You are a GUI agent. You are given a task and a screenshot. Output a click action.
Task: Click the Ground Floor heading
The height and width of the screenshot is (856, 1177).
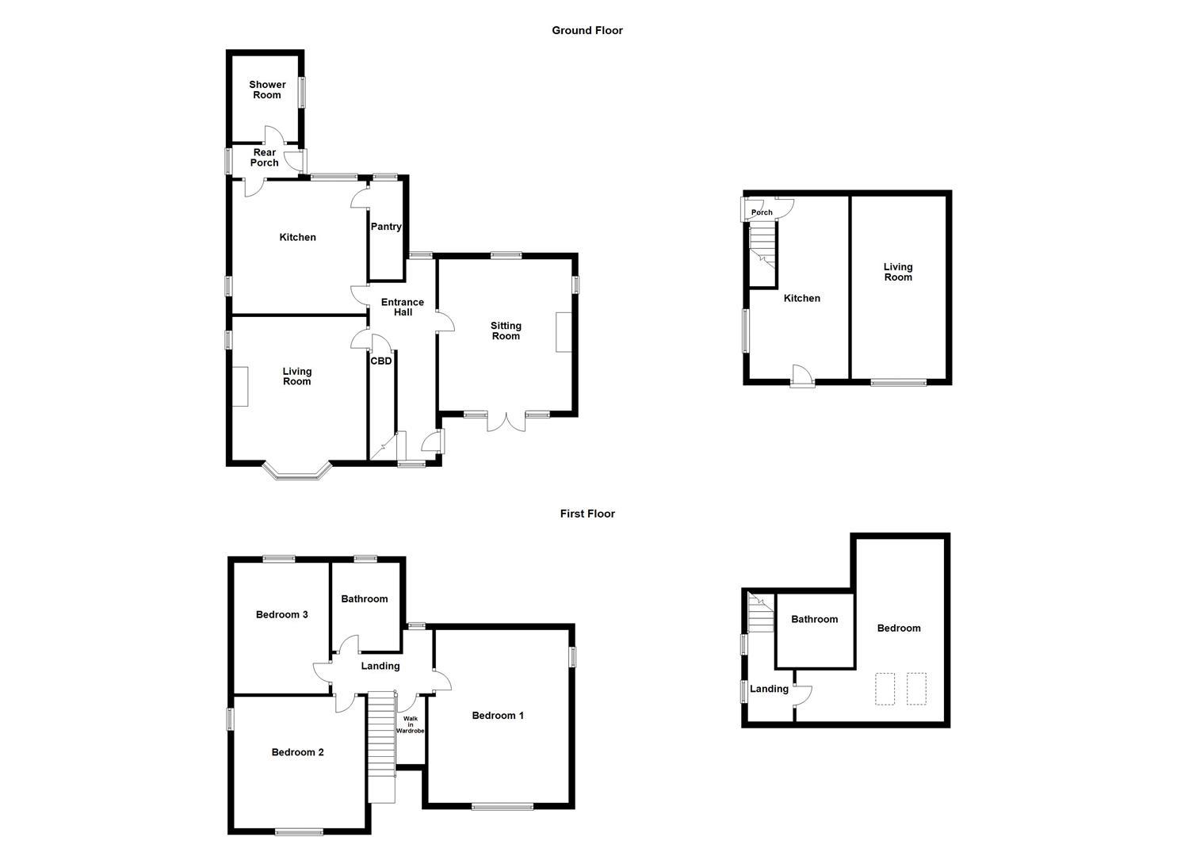[587, 30]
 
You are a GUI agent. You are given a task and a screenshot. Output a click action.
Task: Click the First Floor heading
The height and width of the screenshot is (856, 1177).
[587, 514]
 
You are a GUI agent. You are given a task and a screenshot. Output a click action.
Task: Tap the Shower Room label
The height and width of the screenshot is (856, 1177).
[267, 90]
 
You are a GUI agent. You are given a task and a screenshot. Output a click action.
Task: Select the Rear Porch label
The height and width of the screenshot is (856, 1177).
[265, 158]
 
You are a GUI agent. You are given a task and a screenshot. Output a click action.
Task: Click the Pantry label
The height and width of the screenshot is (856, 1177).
[386, 227]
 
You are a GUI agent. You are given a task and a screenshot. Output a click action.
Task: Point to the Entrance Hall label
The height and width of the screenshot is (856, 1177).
[403, 307]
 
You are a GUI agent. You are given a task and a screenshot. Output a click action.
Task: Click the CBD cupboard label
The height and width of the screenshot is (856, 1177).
[381, 361]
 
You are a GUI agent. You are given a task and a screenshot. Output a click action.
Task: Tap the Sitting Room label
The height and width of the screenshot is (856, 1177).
[506, 331]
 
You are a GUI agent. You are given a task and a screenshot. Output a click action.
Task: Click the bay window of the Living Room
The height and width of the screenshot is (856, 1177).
[297, 474]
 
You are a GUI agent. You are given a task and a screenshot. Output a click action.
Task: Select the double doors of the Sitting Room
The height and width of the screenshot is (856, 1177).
[506, 422]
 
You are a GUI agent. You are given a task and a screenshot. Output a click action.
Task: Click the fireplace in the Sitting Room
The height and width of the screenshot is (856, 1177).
[564, 332]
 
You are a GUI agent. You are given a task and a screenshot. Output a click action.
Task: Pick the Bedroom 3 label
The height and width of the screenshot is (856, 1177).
[281, 614]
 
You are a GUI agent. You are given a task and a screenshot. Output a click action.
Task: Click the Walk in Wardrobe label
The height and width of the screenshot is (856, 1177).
[411, 725]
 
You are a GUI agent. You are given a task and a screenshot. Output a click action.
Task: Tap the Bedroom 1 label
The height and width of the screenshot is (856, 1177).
[498, 716]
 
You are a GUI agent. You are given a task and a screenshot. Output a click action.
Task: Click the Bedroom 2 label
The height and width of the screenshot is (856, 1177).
[297, 752]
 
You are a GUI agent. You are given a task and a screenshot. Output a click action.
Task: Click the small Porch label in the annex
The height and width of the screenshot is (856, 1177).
[762, 212]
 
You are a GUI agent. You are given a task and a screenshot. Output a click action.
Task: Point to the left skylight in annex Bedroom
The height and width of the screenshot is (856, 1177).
[885, 688]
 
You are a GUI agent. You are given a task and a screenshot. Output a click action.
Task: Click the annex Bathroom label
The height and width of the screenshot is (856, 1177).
[814, 619]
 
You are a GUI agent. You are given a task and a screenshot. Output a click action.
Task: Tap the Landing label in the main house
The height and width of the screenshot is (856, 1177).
[380, 666]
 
